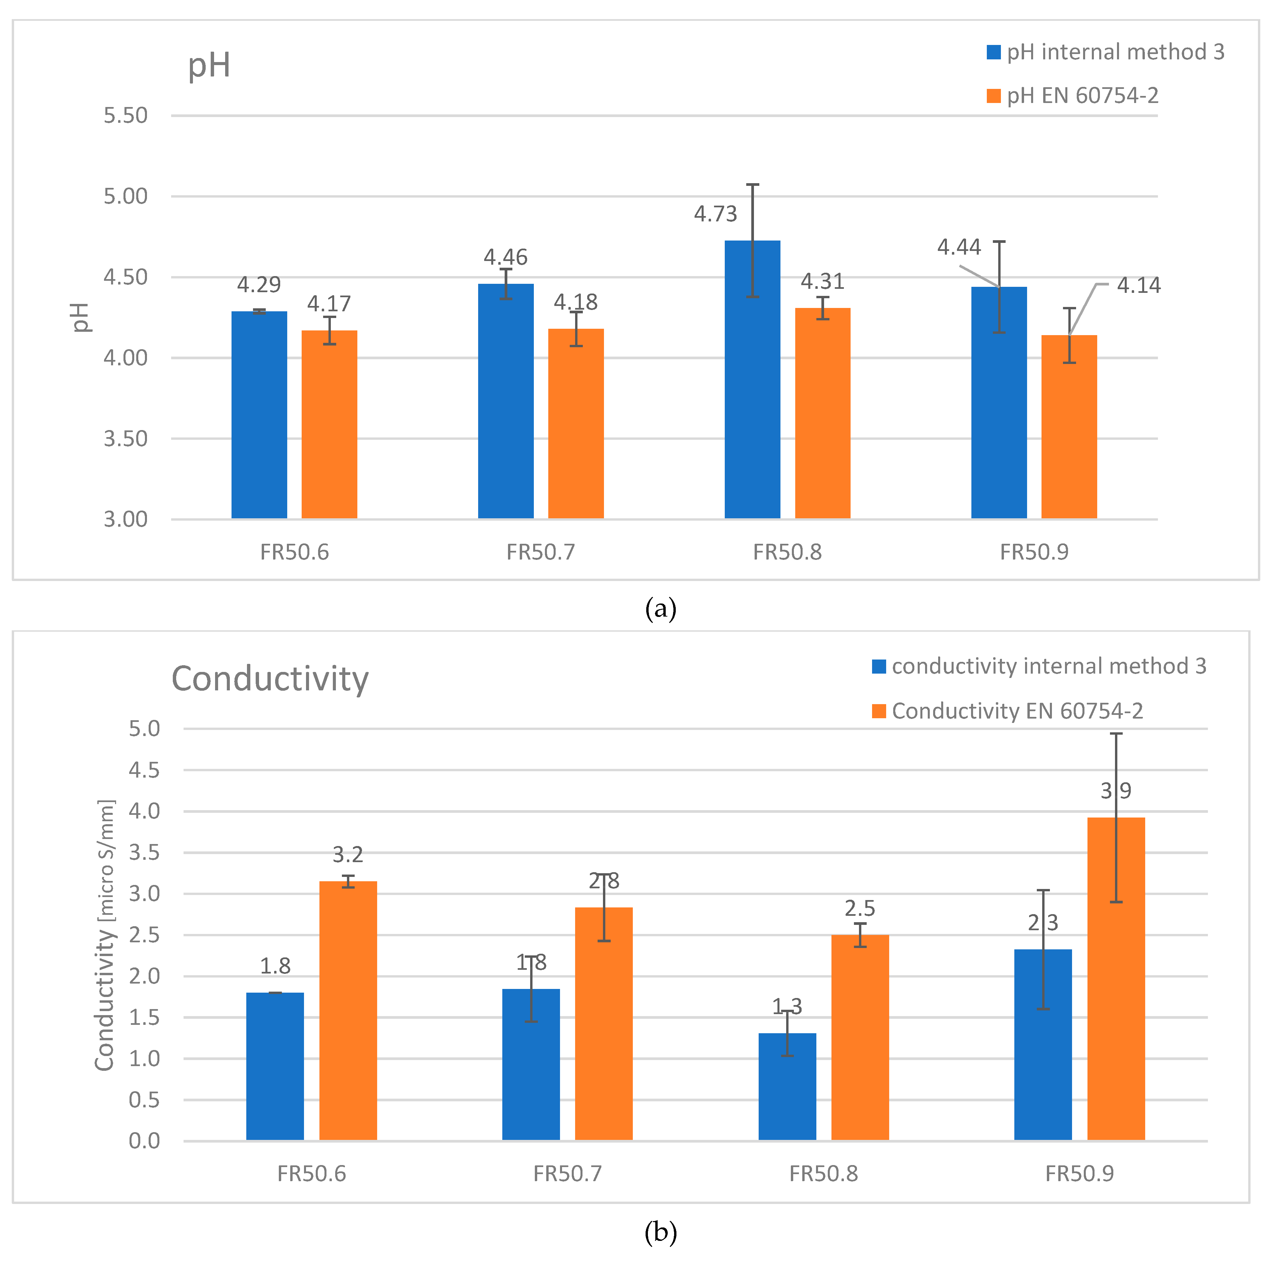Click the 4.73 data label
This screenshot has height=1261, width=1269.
click(x=715, y=214)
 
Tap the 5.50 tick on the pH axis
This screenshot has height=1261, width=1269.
click(x=125, y=116)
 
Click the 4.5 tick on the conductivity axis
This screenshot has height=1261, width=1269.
click(x=144, y=770)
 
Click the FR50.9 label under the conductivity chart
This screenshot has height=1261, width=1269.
click(x=1079, y=1174)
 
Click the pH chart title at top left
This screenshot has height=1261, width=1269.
click(x=209, y=66)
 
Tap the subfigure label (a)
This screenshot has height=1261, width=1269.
click(x=660, y=609)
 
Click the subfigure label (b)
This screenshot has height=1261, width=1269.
click(x=660, y=1233)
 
